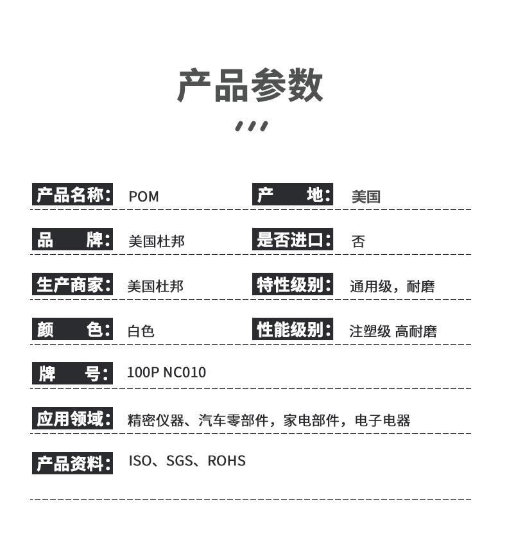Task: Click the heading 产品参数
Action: (250, 85)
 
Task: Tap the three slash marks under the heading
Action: (252, 126)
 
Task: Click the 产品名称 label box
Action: (73, 194)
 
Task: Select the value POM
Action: (144, 196)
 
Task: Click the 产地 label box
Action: (293, 194)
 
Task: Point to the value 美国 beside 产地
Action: (366, 196)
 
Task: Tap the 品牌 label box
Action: (73, 239)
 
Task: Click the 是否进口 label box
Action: (293, 239)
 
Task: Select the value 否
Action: (358, 241)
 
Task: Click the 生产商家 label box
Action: (73, 284)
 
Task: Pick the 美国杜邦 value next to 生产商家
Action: (155, 286)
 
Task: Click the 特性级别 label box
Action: (293, 284)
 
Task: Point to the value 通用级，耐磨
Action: (392, 286)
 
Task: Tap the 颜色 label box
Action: (73, 329)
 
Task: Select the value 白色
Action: (141, 331)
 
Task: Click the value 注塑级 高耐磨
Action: (393, 331)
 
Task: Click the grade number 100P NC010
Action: (166, 372)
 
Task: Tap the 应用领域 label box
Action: (73, 418)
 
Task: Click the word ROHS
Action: (227, 461)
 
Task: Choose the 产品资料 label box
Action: (73, 463)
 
